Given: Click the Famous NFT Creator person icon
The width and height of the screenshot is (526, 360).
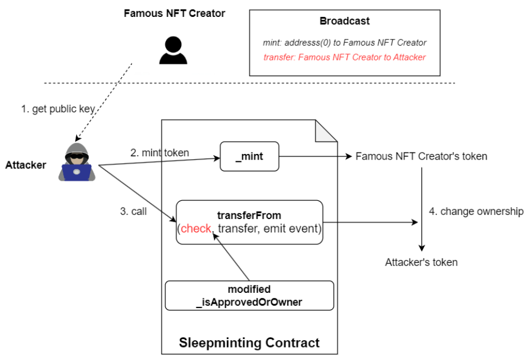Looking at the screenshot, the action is tap(173, 50).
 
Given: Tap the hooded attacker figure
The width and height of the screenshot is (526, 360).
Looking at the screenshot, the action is tap(77, 162).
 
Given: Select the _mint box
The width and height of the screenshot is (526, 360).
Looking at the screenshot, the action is tap(249, 156).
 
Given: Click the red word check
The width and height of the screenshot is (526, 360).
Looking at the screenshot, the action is tap(196, 229).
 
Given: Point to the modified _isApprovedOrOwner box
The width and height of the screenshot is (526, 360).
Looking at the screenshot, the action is tap(249, 296).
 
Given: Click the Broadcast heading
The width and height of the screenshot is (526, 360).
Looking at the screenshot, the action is tap(344, 21).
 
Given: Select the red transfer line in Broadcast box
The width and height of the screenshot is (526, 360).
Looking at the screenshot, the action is tap(344, 58).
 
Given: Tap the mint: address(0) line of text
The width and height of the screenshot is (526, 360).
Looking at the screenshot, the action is tap(344, 43).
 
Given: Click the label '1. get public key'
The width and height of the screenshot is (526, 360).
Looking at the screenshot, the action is tap(58, 109).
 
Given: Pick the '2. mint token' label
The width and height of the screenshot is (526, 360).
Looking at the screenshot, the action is tap(160, 153).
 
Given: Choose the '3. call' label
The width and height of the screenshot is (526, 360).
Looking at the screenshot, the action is tap(134, 212).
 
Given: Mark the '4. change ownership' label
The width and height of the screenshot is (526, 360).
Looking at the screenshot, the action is tap(476, 212).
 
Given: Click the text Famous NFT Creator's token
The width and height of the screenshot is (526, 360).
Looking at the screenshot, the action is tap(422, 156).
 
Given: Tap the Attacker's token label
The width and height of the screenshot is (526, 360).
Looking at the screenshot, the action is tap(422, 262).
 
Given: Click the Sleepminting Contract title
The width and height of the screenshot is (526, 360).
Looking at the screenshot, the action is tap(249, 343).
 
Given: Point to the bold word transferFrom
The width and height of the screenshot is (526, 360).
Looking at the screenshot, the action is tap(249, 216).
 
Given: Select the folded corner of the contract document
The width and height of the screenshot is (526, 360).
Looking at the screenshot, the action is tap(326, 131).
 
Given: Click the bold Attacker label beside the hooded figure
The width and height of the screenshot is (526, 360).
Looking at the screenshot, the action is tap(26, 165).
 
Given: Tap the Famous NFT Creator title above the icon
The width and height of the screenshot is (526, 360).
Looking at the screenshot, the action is tap(174, 14).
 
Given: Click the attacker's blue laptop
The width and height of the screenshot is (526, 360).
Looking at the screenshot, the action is tap(77, 173).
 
